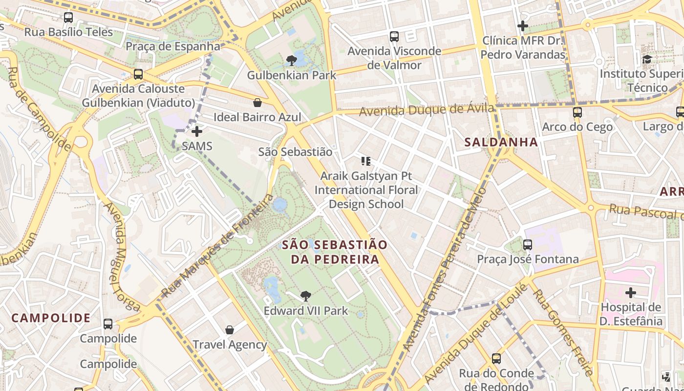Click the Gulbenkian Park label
[x=292, y=75]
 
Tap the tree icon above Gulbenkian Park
[x=292, y=61]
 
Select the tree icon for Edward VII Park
[x=306, y=296]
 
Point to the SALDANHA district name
[x=501, y=142]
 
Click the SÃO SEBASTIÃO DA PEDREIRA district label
[x=335, y=252]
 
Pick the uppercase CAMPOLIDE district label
[x=51, y=318]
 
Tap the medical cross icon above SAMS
[x=197, y=131]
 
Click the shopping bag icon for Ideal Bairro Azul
[x=257, y=103]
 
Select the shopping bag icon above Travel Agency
[x=230, y=330]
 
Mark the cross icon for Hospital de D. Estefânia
[x=631, y=293]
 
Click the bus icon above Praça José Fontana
[x=528, y=244]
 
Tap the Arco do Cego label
[x=577, y=127]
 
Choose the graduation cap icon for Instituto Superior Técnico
[x=647, y=60]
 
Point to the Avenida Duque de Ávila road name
[x=427, y=110]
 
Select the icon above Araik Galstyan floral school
[x=366, y=161]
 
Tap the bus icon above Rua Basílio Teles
[x=68, y=18]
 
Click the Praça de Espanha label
[x=173, y=46]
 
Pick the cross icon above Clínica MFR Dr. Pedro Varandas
[x=523, y=25]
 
